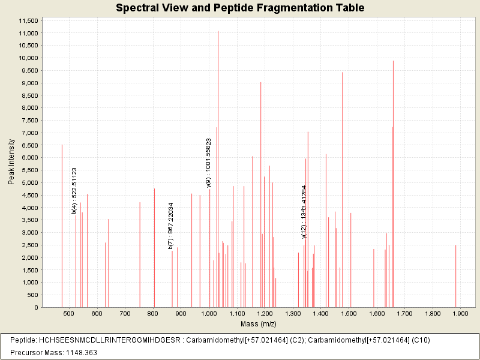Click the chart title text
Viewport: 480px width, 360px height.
pyautogui.click(x=240, y=8)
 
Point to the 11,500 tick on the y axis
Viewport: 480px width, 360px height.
pyautogui.click(x=29, y=20)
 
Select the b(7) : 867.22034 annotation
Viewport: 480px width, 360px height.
pyautogui.click(x=171, y=226)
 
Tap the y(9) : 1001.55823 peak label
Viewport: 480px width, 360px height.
pyautogui.click(x=209, y=163)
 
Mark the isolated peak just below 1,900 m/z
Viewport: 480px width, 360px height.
pyautogui.click(x=456, y=276)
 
